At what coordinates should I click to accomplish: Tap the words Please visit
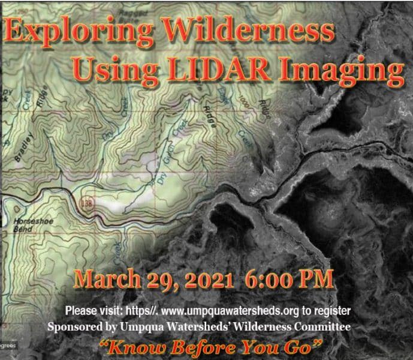(90, 311)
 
